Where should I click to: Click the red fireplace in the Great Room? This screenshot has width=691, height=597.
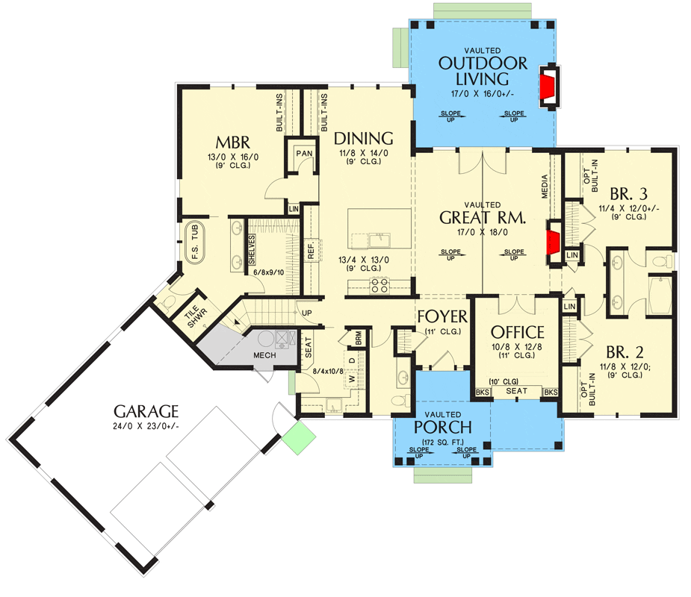[x=553, y=242]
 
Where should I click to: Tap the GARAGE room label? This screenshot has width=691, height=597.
[x=146, y=411]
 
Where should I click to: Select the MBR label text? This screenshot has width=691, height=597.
[x=232, y=143]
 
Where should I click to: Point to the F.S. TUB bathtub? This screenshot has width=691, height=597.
[x=195, y=243]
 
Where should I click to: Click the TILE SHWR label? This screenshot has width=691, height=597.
[x=195, y=315]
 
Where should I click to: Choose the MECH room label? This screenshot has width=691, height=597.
[x=264, y=355]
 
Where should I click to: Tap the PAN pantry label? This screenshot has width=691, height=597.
[x=304, y=154]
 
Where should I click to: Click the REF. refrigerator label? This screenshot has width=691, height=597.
[x=311, y=250]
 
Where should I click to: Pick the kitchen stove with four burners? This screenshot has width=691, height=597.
[x=379, y=284]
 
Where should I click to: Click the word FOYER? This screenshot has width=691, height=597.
[x=442, y=316]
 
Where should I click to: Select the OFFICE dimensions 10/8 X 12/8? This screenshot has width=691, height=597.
[x=517, y=347]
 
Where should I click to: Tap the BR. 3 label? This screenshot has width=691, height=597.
[x=628, y=194]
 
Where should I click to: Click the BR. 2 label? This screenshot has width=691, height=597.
[x=625, y=352]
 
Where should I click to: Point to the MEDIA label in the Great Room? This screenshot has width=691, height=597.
[x=545, y=187]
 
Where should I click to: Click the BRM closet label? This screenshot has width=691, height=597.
[x=359, y=338]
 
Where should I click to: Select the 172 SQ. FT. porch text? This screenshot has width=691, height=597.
[x=442, y=443]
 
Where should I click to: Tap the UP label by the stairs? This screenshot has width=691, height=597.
[x=307, y=313]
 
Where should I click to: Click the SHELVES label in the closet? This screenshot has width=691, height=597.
[x=252, y=250]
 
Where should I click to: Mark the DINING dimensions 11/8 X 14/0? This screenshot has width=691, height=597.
[x=364, y=153]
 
